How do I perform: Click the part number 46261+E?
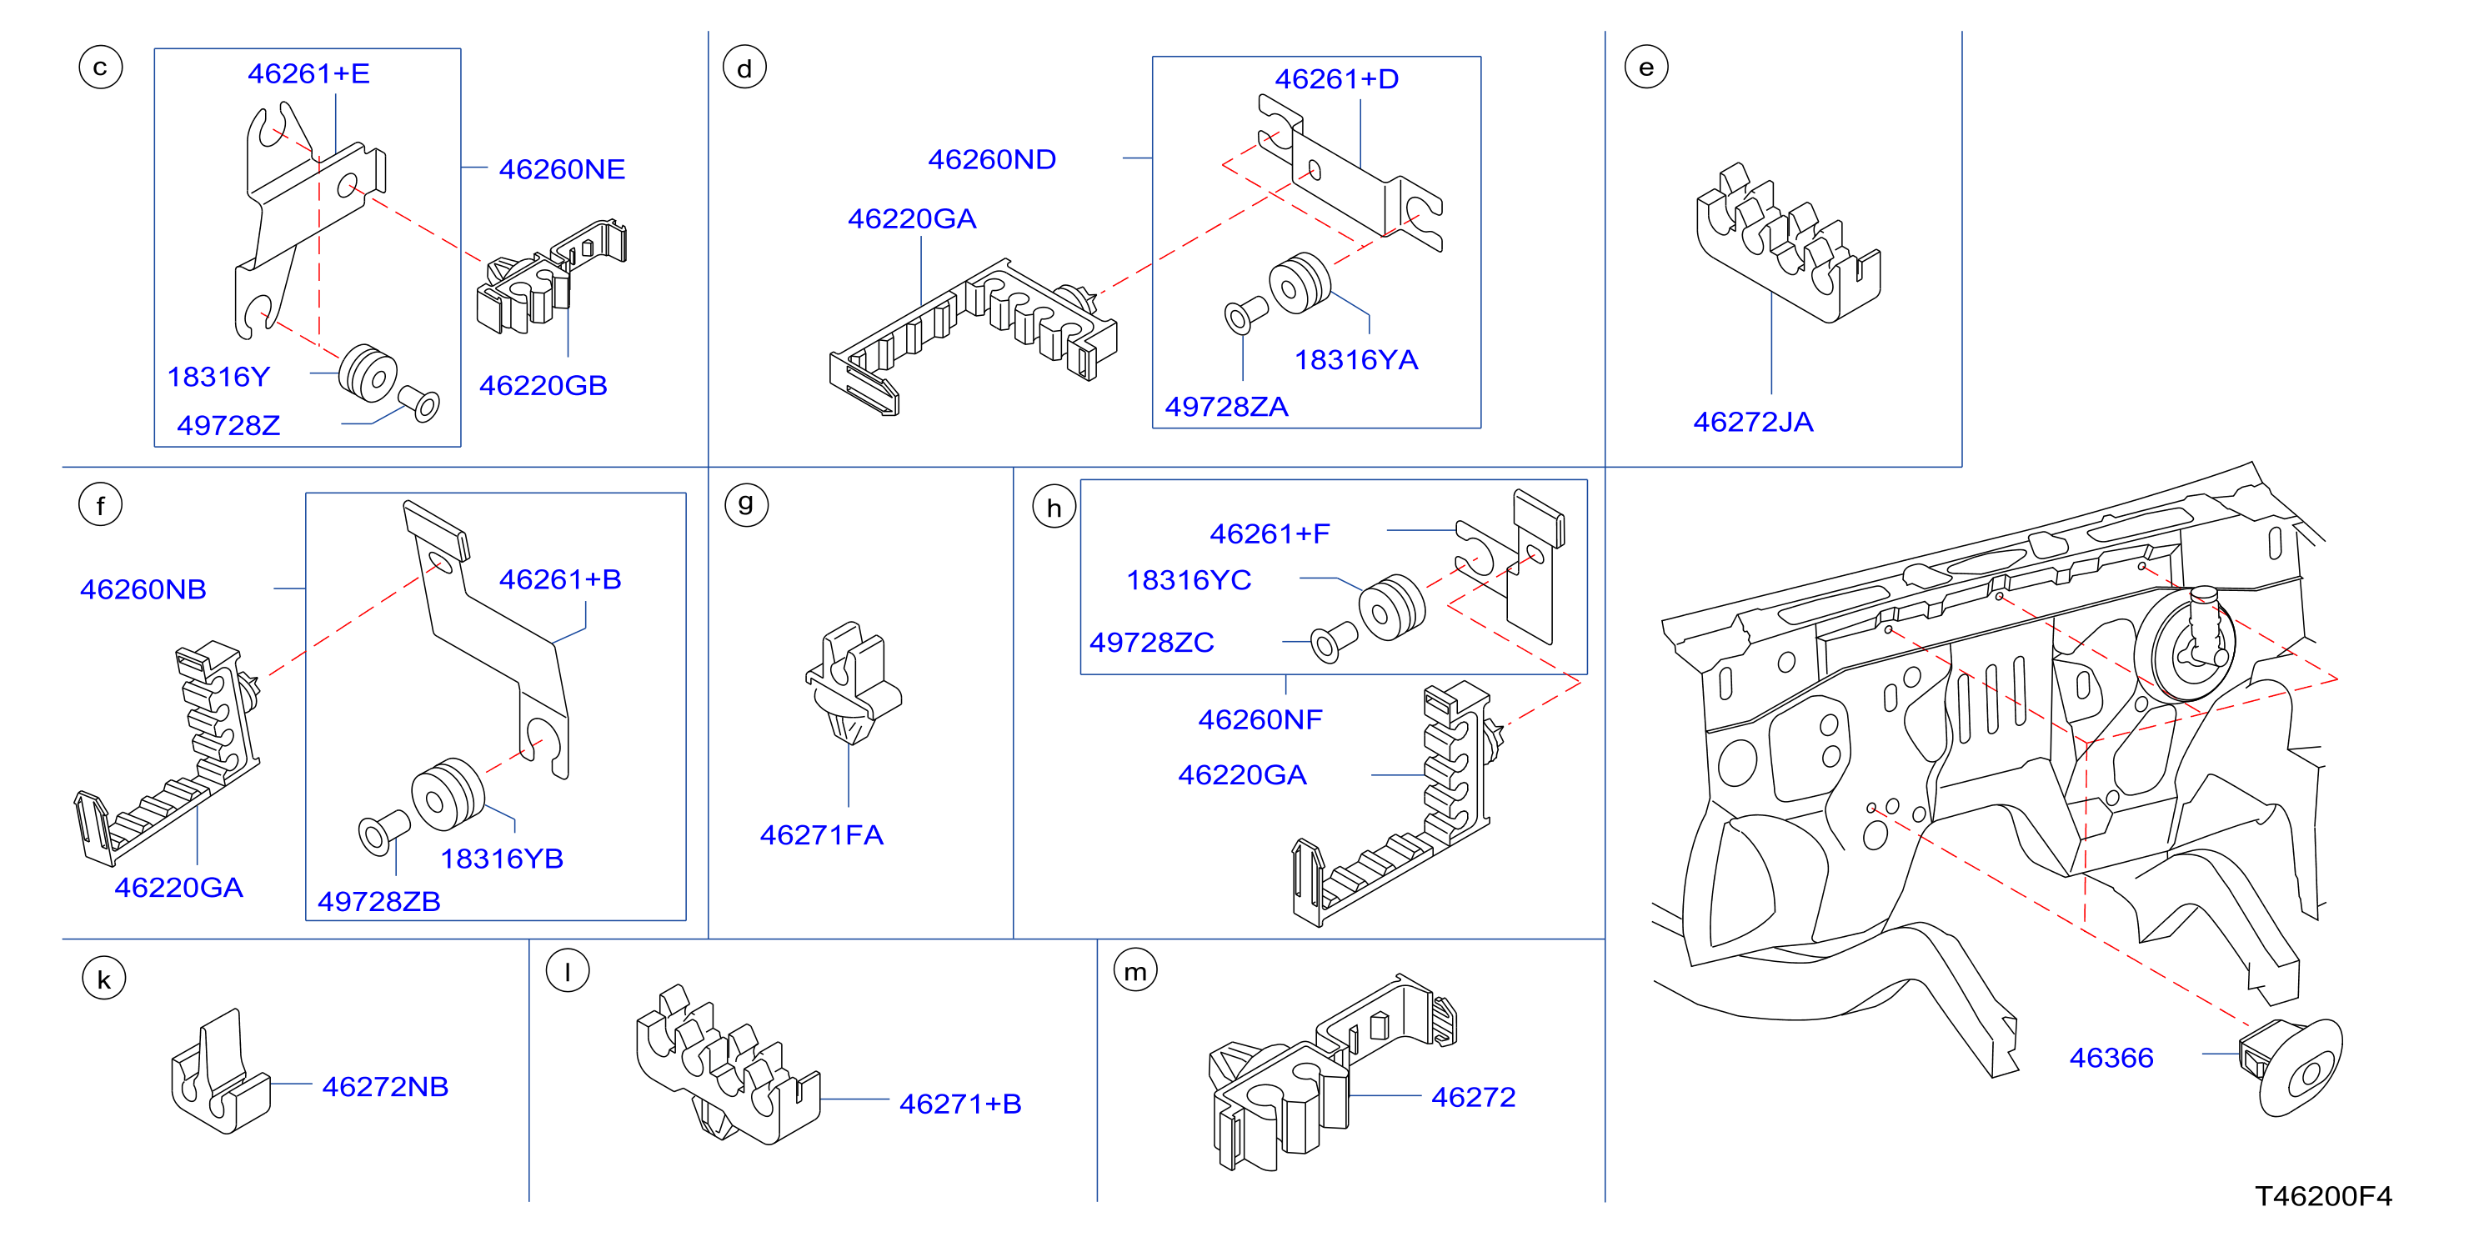coord(308,73)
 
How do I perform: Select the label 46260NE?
coord(561,169)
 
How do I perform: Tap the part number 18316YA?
coord(1355,359)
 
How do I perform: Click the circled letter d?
coord(744,68)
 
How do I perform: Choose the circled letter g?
coord(746,504)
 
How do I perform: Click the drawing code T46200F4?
coord(2323,1195)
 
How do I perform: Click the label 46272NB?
coord(384,1086)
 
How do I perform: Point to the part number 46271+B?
coord(960,1104)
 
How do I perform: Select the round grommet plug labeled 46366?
coord(2290,1067)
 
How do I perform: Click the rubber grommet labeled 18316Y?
coord(367,372)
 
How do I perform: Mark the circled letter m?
coord(1135,970)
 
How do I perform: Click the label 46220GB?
coord(543,386)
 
